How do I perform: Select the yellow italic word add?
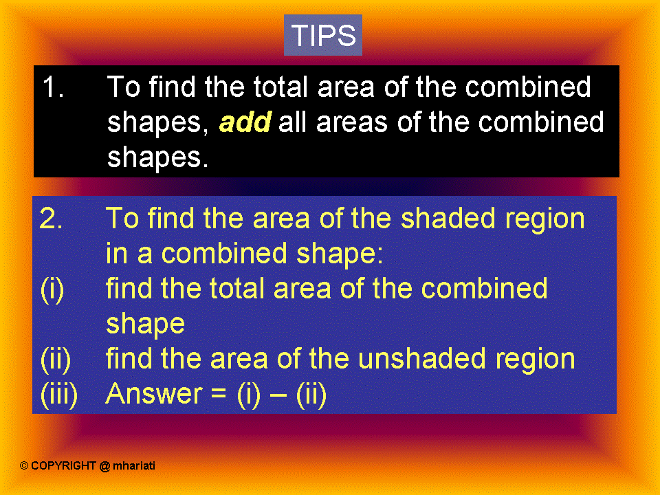pyautogui.click(x=245, y=123)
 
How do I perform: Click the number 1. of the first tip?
pyautogui.click(x=53, y=88)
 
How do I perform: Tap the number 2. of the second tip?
pyautogui.click(x=52, y=219)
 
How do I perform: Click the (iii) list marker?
pyautogui.click(x=59, y=395)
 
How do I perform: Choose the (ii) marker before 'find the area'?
pyautogui.click(x=55, y=359)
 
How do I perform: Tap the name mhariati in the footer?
pyautogui.click(x=135, y=466)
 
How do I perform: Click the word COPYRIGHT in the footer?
pyautogui.click(x=63, y=466)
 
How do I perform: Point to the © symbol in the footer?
pyautogui.click(x=24, y=466)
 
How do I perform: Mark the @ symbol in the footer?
pyautogui.click(x=104, y=466)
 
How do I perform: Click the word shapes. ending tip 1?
pyautogui.click(x=157, y=159)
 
